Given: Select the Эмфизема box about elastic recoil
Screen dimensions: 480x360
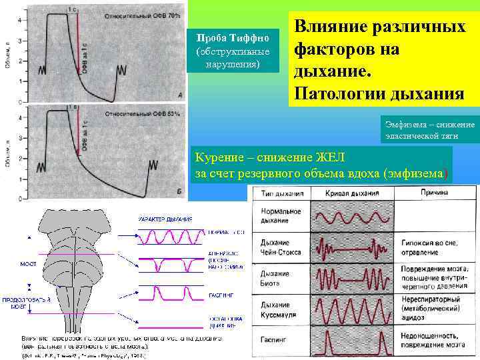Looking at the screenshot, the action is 429,130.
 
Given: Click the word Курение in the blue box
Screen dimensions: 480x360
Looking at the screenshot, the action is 217,157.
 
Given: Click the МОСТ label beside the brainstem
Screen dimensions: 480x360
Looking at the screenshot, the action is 28,263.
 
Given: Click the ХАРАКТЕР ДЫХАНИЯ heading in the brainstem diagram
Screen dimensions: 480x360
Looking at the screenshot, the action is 165,219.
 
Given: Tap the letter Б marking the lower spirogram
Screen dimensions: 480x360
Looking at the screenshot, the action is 180,191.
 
